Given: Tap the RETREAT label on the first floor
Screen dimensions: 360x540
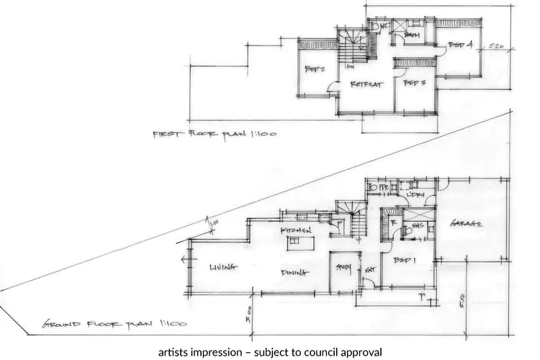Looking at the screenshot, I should pos(365,84).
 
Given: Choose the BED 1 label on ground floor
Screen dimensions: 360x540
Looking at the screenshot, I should pos(405,261).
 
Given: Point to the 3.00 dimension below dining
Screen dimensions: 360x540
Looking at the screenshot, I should pos(247,314).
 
